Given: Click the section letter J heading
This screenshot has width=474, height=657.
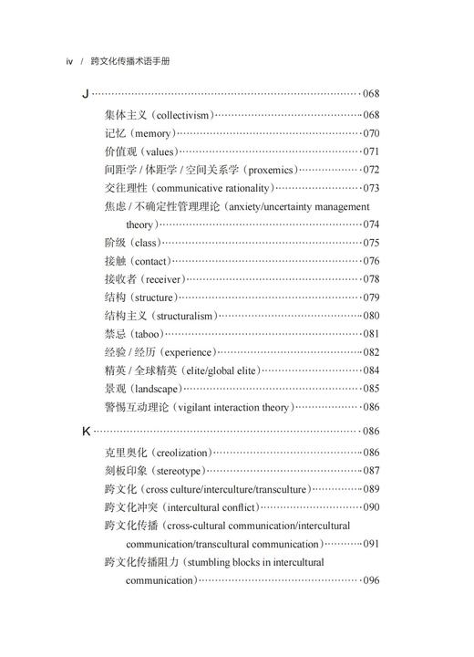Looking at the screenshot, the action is [x=86, y=93].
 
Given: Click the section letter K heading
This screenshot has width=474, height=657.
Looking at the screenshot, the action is [x=87, y=431].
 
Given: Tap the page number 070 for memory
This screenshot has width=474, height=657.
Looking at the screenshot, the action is [x=371, y=133].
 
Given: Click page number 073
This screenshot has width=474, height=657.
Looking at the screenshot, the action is [x=371, y=188].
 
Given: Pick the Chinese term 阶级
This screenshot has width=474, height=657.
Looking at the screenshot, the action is [x=117, y=243].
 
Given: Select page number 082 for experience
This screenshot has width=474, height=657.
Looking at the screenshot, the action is [x=371, y=352].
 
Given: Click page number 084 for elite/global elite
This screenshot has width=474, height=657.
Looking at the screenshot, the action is [x=371, y=370].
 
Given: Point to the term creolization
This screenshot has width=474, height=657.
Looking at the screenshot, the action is [x=181, y=453].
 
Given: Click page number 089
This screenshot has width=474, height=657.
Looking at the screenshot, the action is [x=371, y=489].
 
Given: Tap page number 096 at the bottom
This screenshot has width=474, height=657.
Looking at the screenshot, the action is [x=371, y=580].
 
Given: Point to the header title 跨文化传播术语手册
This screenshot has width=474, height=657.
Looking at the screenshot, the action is [x=130, y=61].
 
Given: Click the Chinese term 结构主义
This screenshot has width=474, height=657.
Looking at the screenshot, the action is [x=122, y=316].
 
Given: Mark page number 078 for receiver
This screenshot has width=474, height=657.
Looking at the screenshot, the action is [x=371, y=279].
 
